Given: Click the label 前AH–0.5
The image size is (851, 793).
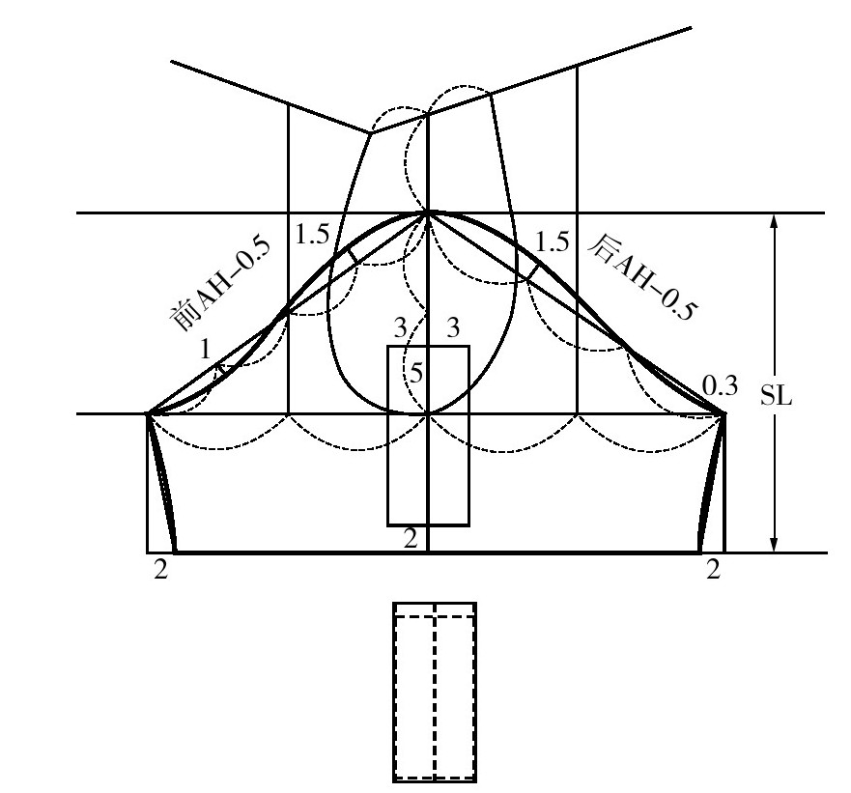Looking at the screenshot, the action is [x=220, y=283].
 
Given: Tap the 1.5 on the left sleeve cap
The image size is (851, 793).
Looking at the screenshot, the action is [x=312, y=235].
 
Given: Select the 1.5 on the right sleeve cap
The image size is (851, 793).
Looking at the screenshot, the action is [x=552, y=241].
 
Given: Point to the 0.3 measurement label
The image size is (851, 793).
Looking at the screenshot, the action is [x=721, y=386].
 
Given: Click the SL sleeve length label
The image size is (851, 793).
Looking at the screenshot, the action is [x=776, y=397].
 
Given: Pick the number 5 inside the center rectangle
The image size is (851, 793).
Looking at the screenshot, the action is [x=416, y=374].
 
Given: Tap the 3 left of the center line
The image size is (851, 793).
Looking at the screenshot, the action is [x=400, y=327].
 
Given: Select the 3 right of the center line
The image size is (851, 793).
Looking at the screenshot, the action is [x=452, y=327].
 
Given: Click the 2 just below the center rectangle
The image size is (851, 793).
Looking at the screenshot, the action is [x=411, y=539].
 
